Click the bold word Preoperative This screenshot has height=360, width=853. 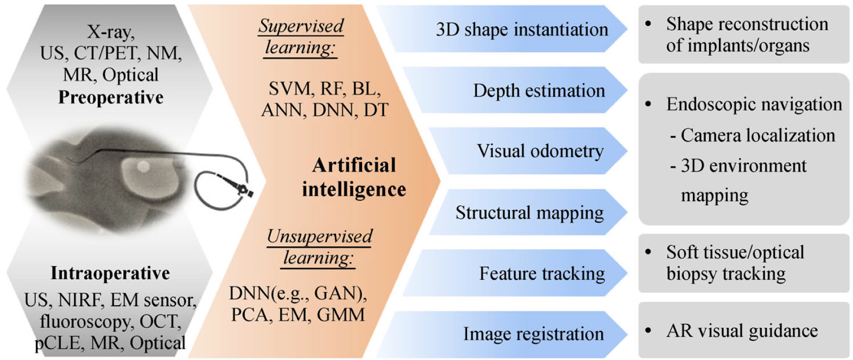[111, 97]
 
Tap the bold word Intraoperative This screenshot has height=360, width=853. [110, 273]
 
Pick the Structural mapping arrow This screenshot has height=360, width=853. [529, 213]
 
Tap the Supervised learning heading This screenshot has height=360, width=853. [301, 37]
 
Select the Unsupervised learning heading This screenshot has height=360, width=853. [319, 247]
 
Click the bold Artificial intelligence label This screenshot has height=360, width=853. [354, 177]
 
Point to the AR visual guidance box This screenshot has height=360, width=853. [744, 330]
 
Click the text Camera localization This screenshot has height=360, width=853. [758, 135]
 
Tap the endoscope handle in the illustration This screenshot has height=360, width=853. [240, 187]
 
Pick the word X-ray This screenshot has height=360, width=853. [111, 32]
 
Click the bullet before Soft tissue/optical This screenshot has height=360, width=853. [648, 252]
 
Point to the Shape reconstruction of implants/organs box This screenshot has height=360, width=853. [744, 34]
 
